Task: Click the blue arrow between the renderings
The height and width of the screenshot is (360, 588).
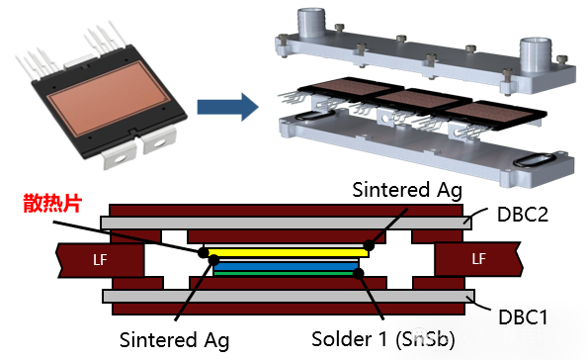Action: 227,107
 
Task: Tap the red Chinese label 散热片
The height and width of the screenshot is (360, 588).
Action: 53,203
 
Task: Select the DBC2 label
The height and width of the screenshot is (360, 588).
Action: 523,215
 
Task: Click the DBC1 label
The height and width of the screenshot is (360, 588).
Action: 523,317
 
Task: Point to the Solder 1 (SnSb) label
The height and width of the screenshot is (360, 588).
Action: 383,339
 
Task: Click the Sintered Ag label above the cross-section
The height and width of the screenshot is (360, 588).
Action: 407,190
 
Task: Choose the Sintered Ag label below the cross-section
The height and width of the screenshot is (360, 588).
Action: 174,340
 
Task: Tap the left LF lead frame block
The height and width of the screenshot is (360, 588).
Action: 100,260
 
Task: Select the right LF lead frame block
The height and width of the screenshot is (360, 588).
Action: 478,259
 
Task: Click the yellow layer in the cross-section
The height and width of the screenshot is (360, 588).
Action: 288,252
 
